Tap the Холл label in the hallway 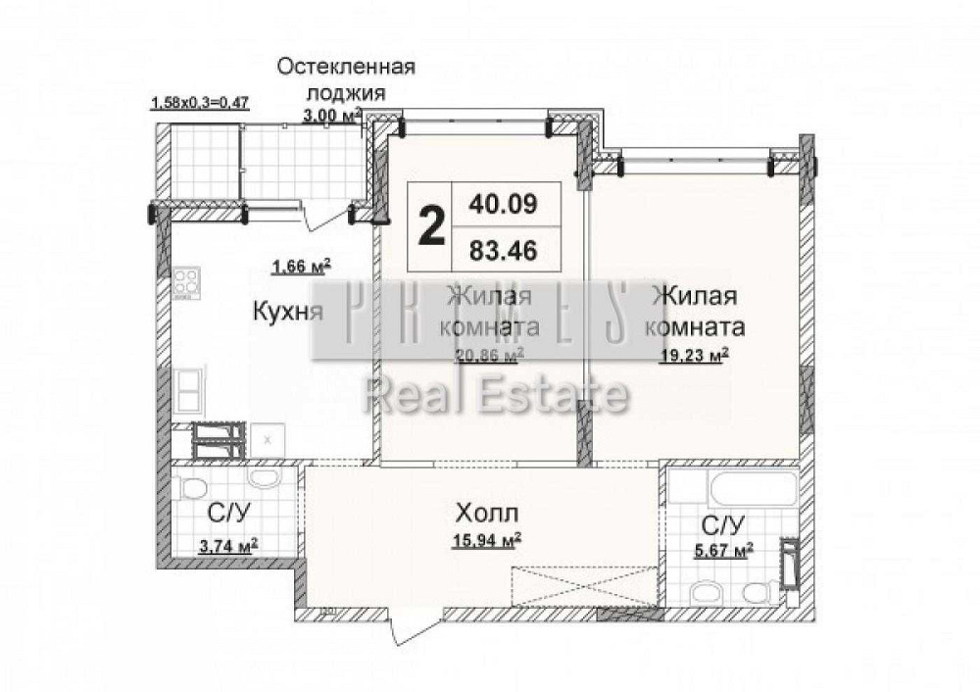click(485, 512)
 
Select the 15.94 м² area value click(486, 539)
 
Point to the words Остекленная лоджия click(345, 78)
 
